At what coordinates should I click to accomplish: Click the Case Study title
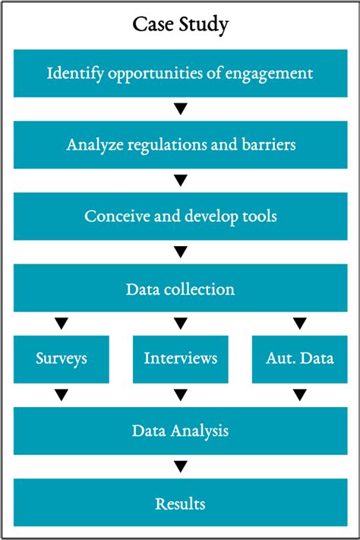pos(181,25)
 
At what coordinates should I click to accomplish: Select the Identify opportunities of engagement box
pos(181,74)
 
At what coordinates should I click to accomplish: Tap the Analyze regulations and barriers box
pos(181,144)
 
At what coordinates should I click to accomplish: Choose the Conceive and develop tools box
pos(181,216)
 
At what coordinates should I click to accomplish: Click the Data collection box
pos(181,288)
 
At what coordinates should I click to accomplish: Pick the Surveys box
pos(62,359)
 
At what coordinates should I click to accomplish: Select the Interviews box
pos(181,359)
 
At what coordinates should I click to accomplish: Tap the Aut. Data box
pos(300,359)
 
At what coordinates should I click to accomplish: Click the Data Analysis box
pos(181,431)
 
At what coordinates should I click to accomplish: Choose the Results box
pos(181,503)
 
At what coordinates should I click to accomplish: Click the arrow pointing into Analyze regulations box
pos(181,109)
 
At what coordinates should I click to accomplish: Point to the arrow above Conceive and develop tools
pos(181,180)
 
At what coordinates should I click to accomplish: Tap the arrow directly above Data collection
pos(181,251)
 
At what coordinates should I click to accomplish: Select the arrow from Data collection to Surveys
pos(62,324)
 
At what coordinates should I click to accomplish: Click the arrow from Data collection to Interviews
pos(181,324)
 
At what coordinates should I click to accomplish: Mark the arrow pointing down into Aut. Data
pos(300,324)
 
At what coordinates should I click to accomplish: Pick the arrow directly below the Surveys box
pos(62,395)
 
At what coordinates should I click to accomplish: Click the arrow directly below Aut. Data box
pos(300,395)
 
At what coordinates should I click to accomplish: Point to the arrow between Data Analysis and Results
pos(181,466)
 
